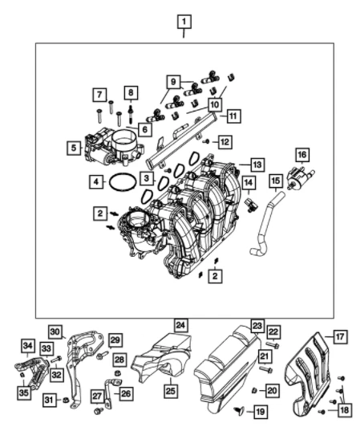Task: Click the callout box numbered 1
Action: [x=184, y=21]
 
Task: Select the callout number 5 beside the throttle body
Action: [x=72, y=147]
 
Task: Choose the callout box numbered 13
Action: [x=256, y=163]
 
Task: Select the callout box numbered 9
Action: [x=172, y=80]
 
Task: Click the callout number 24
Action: [x=181, y=325]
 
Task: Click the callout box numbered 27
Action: [x=96, y=395]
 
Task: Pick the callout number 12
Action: [x=225, y=142]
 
